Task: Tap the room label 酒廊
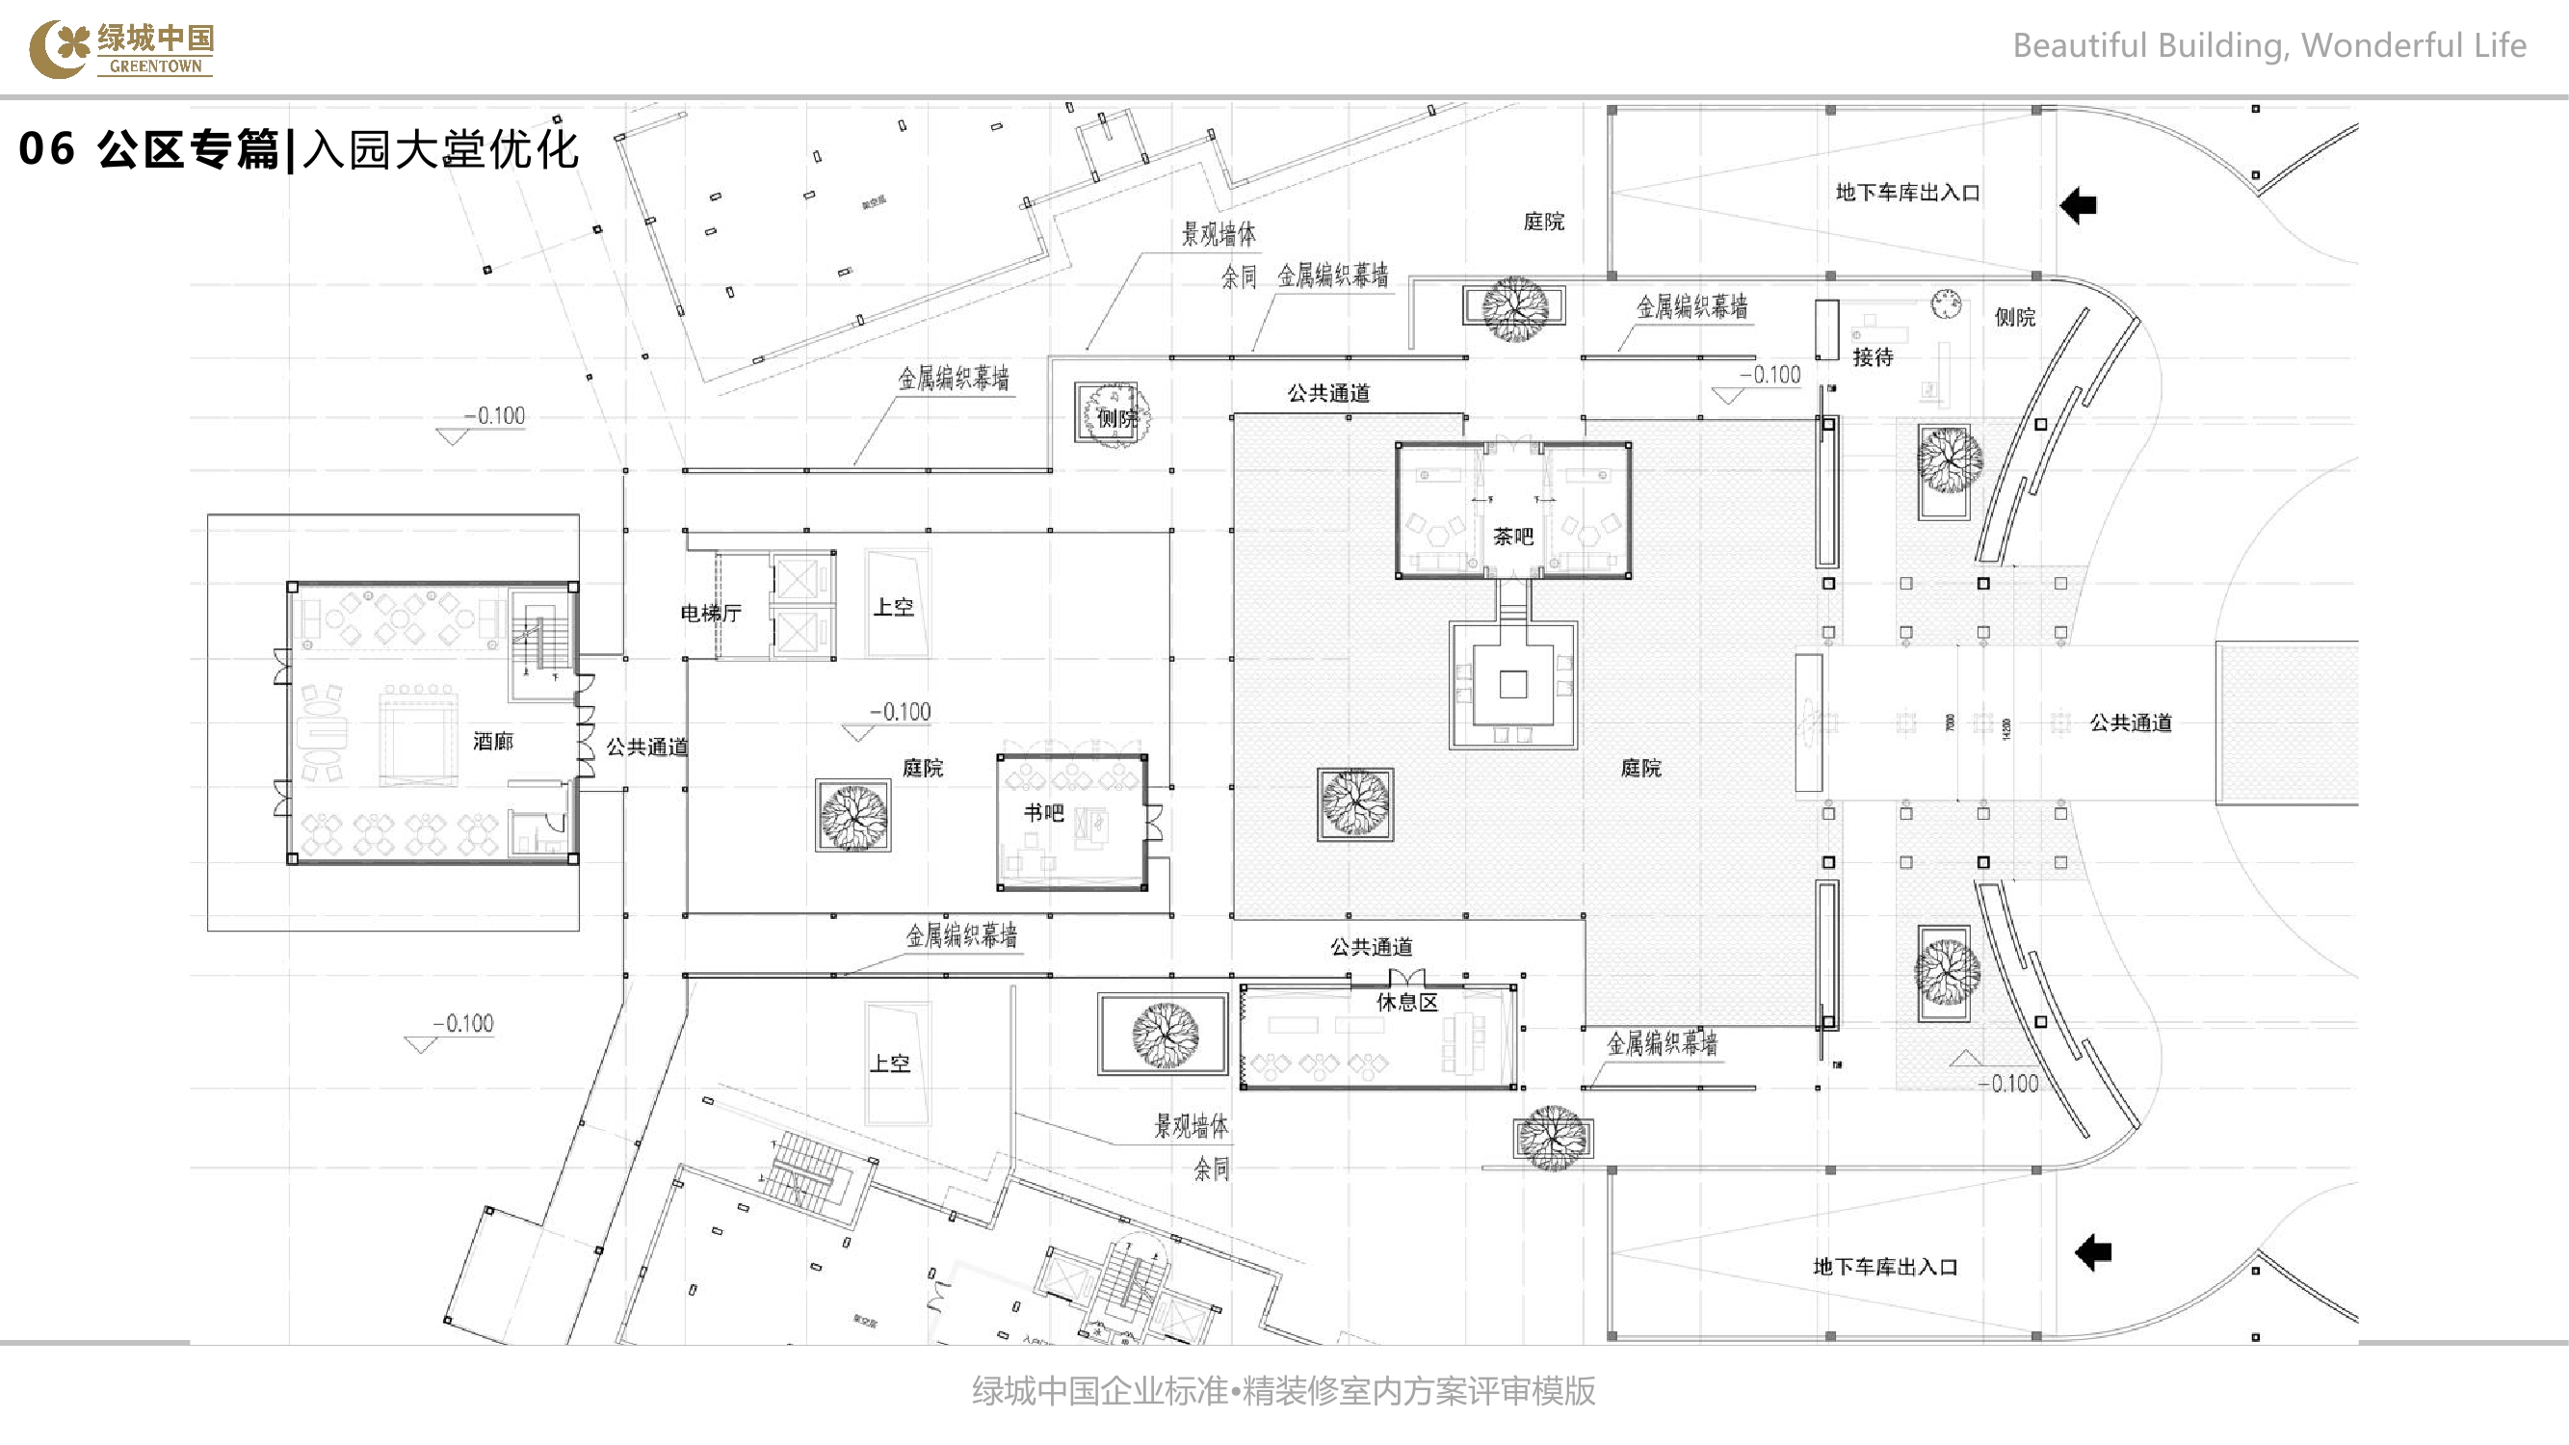point(492,741)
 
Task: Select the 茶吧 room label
point(1513,537)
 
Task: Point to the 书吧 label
point(1043,813)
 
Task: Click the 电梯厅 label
point(710,614)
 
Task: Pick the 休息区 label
point(1406,1002)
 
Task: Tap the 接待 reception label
point(1872,357)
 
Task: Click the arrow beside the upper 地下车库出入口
point(2079,205)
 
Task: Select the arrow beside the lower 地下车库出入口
point(2093,1251)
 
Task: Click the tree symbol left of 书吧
point(853,816)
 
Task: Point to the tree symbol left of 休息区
point(1164,1034)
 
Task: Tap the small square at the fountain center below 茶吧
point(1513,684)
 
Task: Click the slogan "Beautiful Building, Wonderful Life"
point(2268,46)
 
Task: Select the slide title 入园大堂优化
point(440,149)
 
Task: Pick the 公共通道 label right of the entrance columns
point(2130,723)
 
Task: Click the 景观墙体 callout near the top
point(1218,234)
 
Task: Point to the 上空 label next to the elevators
point(894,606)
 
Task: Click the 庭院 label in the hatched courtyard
point(1640,768)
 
